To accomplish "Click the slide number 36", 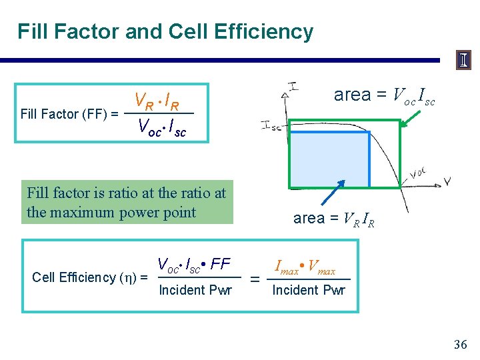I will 460,345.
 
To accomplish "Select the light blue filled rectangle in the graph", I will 331,159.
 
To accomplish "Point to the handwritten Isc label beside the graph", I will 271,126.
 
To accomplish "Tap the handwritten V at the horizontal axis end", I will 447,181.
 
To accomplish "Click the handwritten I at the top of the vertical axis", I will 293,85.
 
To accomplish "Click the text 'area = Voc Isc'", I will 385,96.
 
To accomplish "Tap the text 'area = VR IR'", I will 333,218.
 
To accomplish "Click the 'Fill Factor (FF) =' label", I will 69,114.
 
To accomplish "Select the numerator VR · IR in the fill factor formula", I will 157,102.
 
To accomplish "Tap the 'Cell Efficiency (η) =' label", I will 89,277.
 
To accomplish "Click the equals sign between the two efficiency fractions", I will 254,281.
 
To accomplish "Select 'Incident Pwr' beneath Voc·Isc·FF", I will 195,290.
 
